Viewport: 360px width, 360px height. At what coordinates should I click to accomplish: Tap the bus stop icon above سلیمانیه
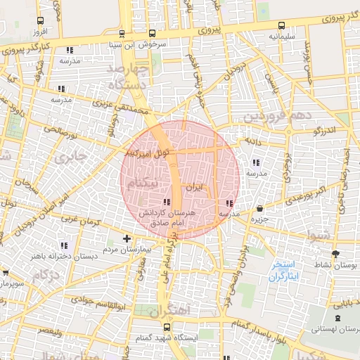(x=281, y=25)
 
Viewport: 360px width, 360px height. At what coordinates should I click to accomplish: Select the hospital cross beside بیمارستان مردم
(x=126, y=238)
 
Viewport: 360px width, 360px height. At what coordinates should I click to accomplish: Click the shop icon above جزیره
(x=261, y=209)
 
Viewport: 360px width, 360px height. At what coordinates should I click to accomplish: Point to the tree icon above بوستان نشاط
(x=334, y=254)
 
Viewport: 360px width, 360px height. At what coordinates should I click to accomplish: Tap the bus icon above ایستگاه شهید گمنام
(x=167, y=327)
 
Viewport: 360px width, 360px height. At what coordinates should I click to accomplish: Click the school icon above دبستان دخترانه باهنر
(x=64, y=245)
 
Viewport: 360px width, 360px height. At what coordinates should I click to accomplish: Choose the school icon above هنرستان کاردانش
(x=174, y=202)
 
